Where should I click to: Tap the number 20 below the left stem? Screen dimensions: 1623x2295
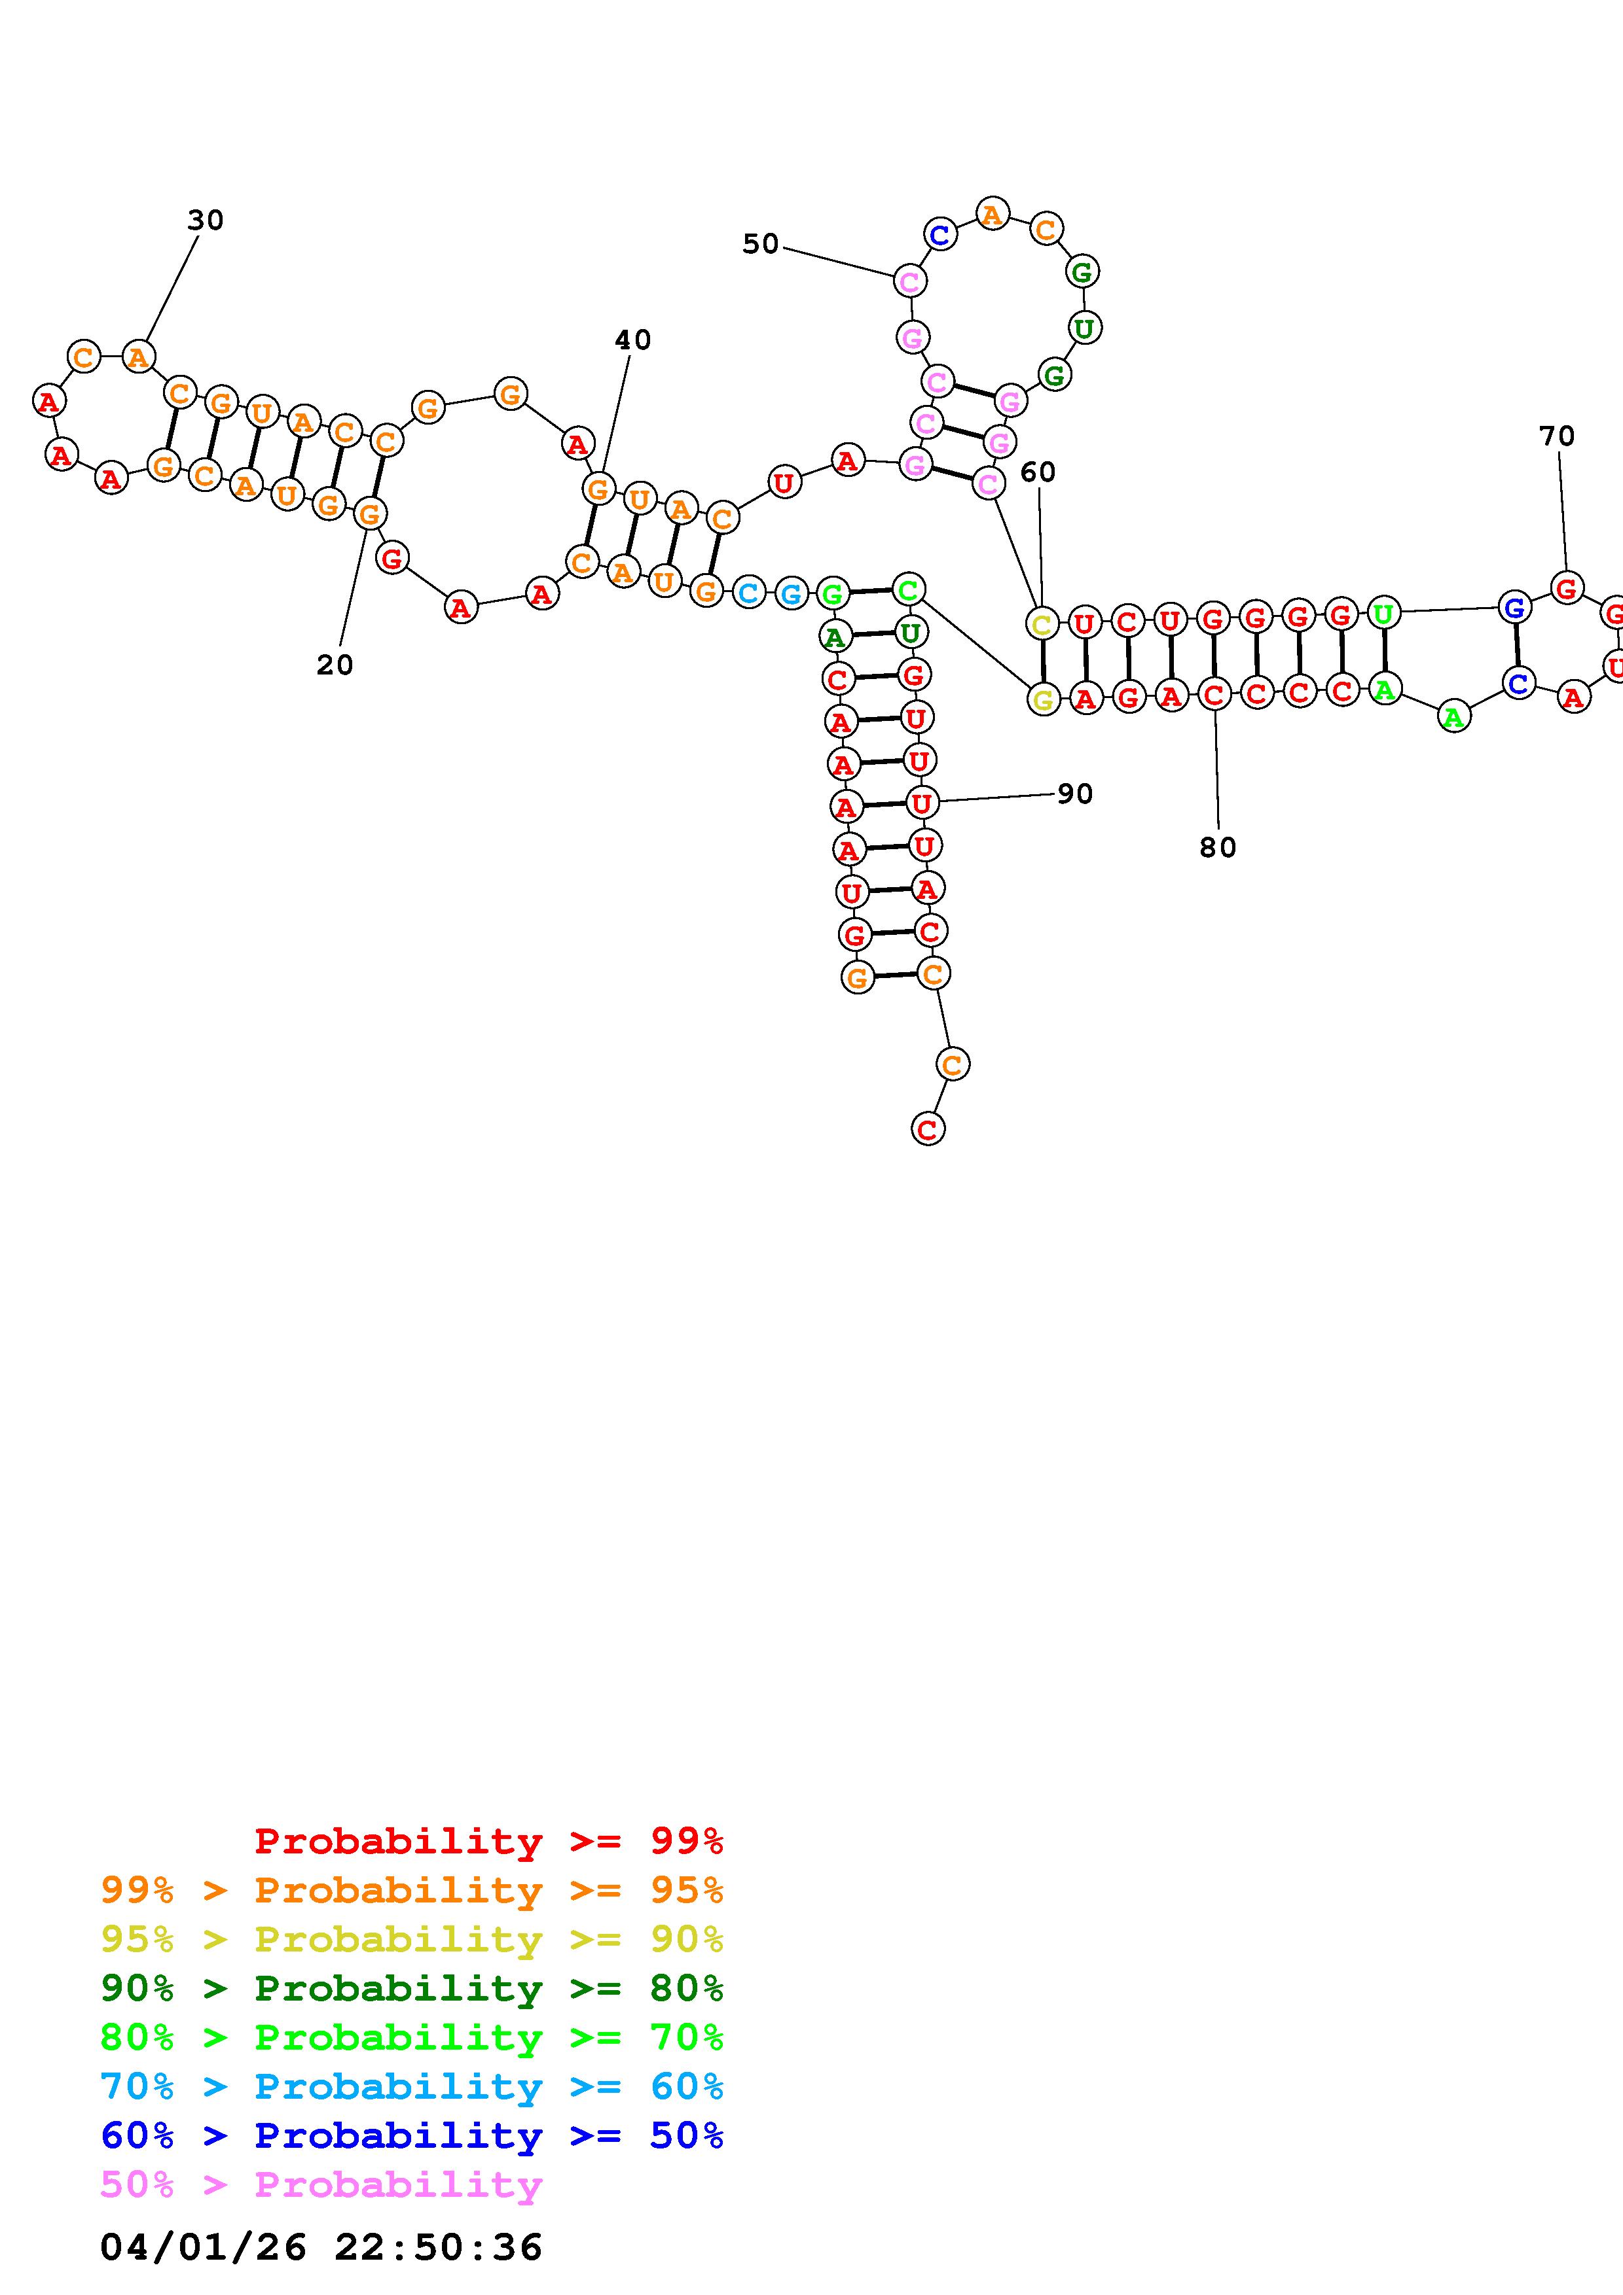335,665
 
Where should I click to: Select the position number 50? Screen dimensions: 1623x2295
760,244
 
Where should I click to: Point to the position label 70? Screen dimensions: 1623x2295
1556,436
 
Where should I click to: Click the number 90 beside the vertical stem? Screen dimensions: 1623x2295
1075,794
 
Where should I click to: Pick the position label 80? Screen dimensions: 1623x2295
1217,848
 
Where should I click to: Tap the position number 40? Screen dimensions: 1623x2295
632,340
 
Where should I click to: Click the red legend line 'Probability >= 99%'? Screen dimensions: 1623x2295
488,1840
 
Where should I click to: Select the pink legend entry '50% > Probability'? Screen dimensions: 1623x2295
321,2184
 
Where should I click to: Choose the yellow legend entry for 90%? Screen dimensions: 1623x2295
411,1938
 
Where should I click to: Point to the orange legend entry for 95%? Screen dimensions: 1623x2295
411,1889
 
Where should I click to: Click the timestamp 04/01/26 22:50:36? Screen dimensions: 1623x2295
321,2246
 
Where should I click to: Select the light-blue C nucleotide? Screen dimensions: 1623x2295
748,593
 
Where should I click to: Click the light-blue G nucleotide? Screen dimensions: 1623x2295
790,595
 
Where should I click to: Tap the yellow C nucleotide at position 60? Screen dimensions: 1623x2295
1041,625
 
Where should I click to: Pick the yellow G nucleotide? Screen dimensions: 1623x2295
1043,700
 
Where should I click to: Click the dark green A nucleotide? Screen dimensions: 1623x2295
835,636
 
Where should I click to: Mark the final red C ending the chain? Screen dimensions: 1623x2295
927,1129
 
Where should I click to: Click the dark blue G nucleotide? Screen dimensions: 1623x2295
1514,606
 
